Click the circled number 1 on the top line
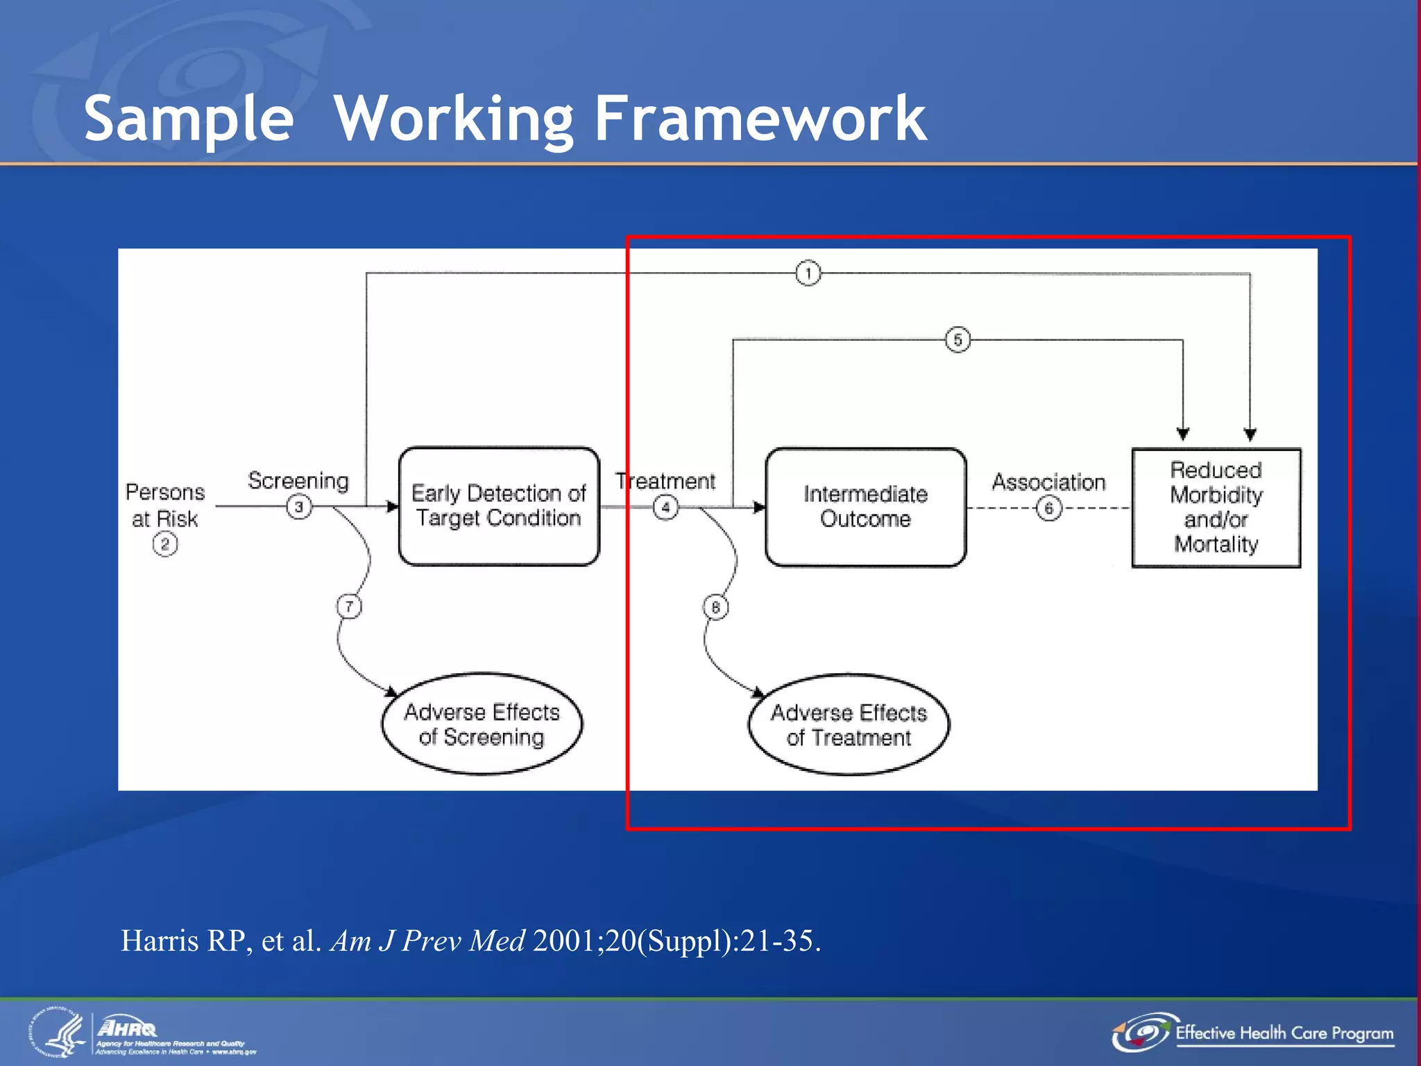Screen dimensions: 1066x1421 click(x=808, y=273)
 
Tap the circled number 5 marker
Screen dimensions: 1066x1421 click(x=958, y=339)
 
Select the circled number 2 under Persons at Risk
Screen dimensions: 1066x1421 click(x=165, y=544)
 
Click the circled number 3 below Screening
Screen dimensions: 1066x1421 click(x=299, y=507)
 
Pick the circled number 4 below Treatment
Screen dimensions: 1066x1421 click(x=665, y=507)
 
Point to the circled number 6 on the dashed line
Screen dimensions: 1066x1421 click(x=1048, y=508)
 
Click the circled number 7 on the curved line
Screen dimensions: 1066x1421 click(x=349, y=607)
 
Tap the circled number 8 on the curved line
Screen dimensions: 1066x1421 click(x=715, y=607)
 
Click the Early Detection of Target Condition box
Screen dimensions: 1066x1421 click(x=498, y=506)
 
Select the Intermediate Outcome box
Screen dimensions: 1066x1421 click(x=865, y=507)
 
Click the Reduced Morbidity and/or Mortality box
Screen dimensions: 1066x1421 click(x=1216, y=507)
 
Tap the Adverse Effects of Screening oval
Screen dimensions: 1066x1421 click(x=482, y=724)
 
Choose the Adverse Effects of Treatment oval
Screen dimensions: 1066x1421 click(x=849, y=725)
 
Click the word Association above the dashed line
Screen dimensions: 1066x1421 click(x=1048, y=482)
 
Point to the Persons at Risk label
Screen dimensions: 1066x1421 click(x=165, y=505)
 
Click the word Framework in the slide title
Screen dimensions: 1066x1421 click(x=760, y=119)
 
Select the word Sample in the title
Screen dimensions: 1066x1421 click(x=189, y=119)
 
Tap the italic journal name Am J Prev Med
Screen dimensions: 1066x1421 click(x=428, y=941)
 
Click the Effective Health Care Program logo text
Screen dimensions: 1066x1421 click(x=1284, y=1033)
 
